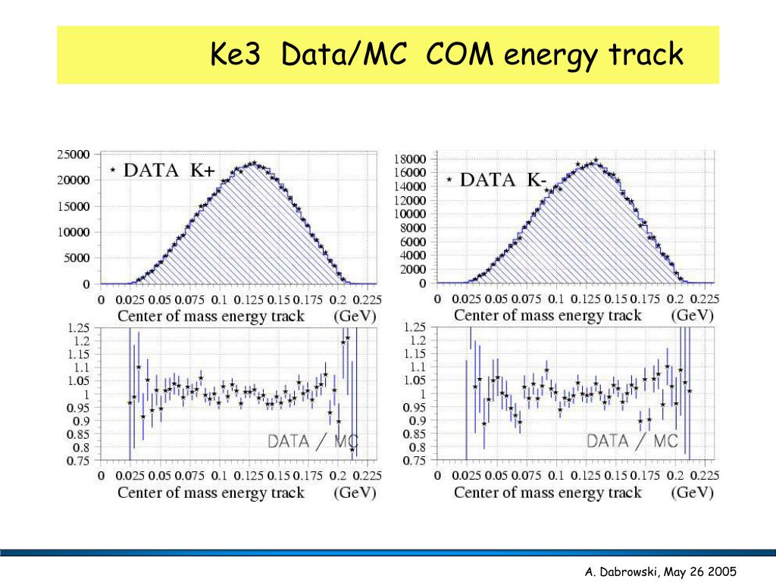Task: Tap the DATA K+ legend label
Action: [x=169, y=171]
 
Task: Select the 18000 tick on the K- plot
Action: [x=410, y=158]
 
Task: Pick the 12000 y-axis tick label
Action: [x=410, y=200]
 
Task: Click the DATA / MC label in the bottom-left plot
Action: [x=313, y=442]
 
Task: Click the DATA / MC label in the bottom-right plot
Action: [x=632, y=440]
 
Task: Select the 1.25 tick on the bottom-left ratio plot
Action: [x=78, y=328]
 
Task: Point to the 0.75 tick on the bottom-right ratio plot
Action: [x=414, y=461]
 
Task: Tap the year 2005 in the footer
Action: [x=723, y=572]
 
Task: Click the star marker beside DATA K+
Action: [x=113, y=171]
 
